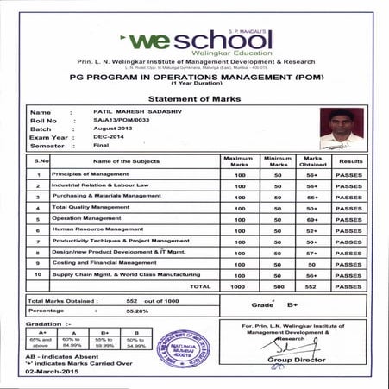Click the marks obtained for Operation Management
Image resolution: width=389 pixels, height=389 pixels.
(313, 219)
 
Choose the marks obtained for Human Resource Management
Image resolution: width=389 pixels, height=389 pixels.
(313, 230)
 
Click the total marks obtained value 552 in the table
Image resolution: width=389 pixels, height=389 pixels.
(313, 285)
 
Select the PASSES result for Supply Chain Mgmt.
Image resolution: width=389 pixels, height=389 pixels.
(349, 274)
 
